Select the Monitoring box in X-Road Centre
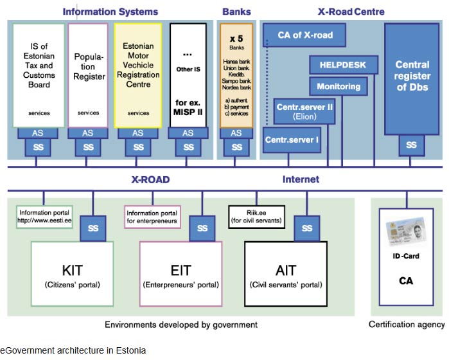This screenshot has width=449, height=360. pos(339,86)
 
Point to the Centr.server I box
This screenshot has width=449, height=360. pos(292,138)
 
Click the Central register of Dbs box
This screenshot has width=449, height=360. pos(412,78)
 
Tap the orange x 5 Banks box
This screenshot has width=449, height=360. pos(236,74)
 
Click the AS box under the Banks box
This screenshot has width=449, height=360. pos(236,133)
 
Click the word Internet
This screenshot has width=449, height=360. pos(301,180)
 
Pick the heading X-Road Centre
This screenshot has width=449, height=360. pos(351,12)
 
